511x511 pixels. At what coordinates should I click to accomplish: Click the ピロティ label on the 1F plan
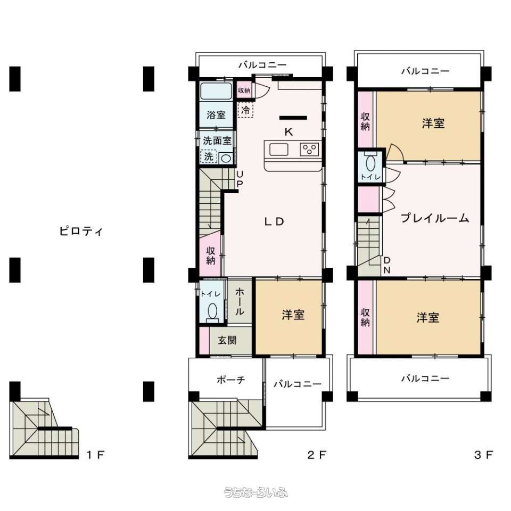click(81, 231)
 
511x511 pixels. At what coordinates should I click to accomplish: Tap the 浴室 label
click(216, 115)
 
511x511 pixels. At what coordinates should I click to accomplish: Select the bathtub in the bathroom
click(216, 91)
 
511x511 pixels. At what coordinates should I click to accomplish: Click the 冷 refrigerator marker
click(245, 110)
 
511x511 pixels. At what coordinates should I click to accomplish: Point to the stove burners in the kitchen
click(309, 150)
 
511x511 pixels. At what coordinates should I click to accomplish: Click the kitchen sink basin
click(278, 150)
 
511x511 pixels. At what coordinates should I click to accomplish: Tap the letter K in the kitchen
click(289, 132)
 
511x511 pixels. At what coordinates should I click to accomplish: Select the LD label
click(274, 221)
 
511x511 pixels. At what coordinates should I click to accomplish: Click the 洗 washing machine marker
click(209, 156)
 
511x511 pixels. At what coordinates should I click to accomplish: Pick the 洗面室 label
click(217, 141)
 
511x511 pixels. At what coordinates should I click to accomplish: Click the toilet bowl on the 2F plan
click(212, 311)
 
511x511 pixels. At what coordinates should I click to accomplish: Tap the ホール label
click(240, 301)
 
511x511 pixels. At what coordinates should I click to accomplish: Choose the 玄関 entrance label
click(227, 340)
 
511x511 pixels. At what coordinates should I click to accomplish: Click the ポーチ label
click(230, 380)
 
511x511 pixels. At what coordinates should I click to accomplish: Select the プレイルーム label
click(435, 218)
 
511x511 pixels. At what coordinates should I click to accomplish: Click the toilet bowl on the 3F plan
click(370, 163)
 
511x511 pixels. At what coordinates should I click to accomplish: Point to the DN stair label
click(387, 265)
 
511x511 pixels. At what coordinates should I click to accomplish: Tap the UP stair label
click(240, 179)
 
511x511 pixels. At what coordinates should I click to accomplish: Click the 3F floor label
click(484, 455)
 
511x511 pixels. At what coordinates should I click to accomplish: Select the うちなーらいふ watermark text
click(256, 492)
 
